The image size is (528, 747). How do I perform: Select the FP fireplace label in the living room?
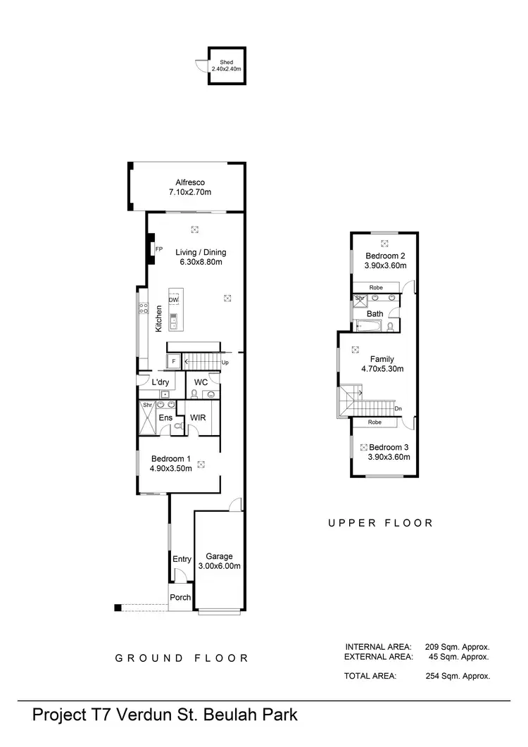[x=159, y=249]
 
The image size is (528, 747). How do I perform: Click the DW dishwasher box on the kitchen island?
[x=173, y=299]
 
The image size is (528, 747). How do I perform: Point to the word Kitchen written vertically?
[x=159, y=318]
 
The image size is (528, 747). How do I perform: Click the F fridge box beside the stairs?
[x=173, y=363]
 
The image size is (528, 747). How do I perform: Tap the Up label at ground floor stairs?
[x=225, y=363]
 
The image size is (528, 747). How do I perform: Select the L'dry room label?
[x=161, y=382]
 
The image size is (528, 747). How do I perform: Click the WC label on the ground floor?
[x=201, y=382]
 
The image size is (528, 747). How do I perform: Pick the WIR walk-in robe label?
[x=198, y=418]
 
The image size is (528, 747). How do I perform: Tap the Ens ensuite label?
[x=165, y=418]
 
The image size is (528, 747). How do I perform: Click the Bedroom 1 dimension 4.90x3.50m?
[x=170, y=467]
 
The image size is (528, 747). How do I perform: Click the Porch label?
[x=180, y=597]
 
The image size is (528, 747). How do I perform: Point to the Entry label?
[x=182, y=559]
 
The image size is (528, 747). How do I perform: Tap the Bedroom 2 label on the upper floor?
[x=385, y=256]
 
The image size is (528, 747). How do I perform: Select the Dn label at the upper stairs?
[x=398, y=408]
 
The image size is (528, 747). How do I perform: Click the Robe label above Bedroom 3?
[x=375, y=422]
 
